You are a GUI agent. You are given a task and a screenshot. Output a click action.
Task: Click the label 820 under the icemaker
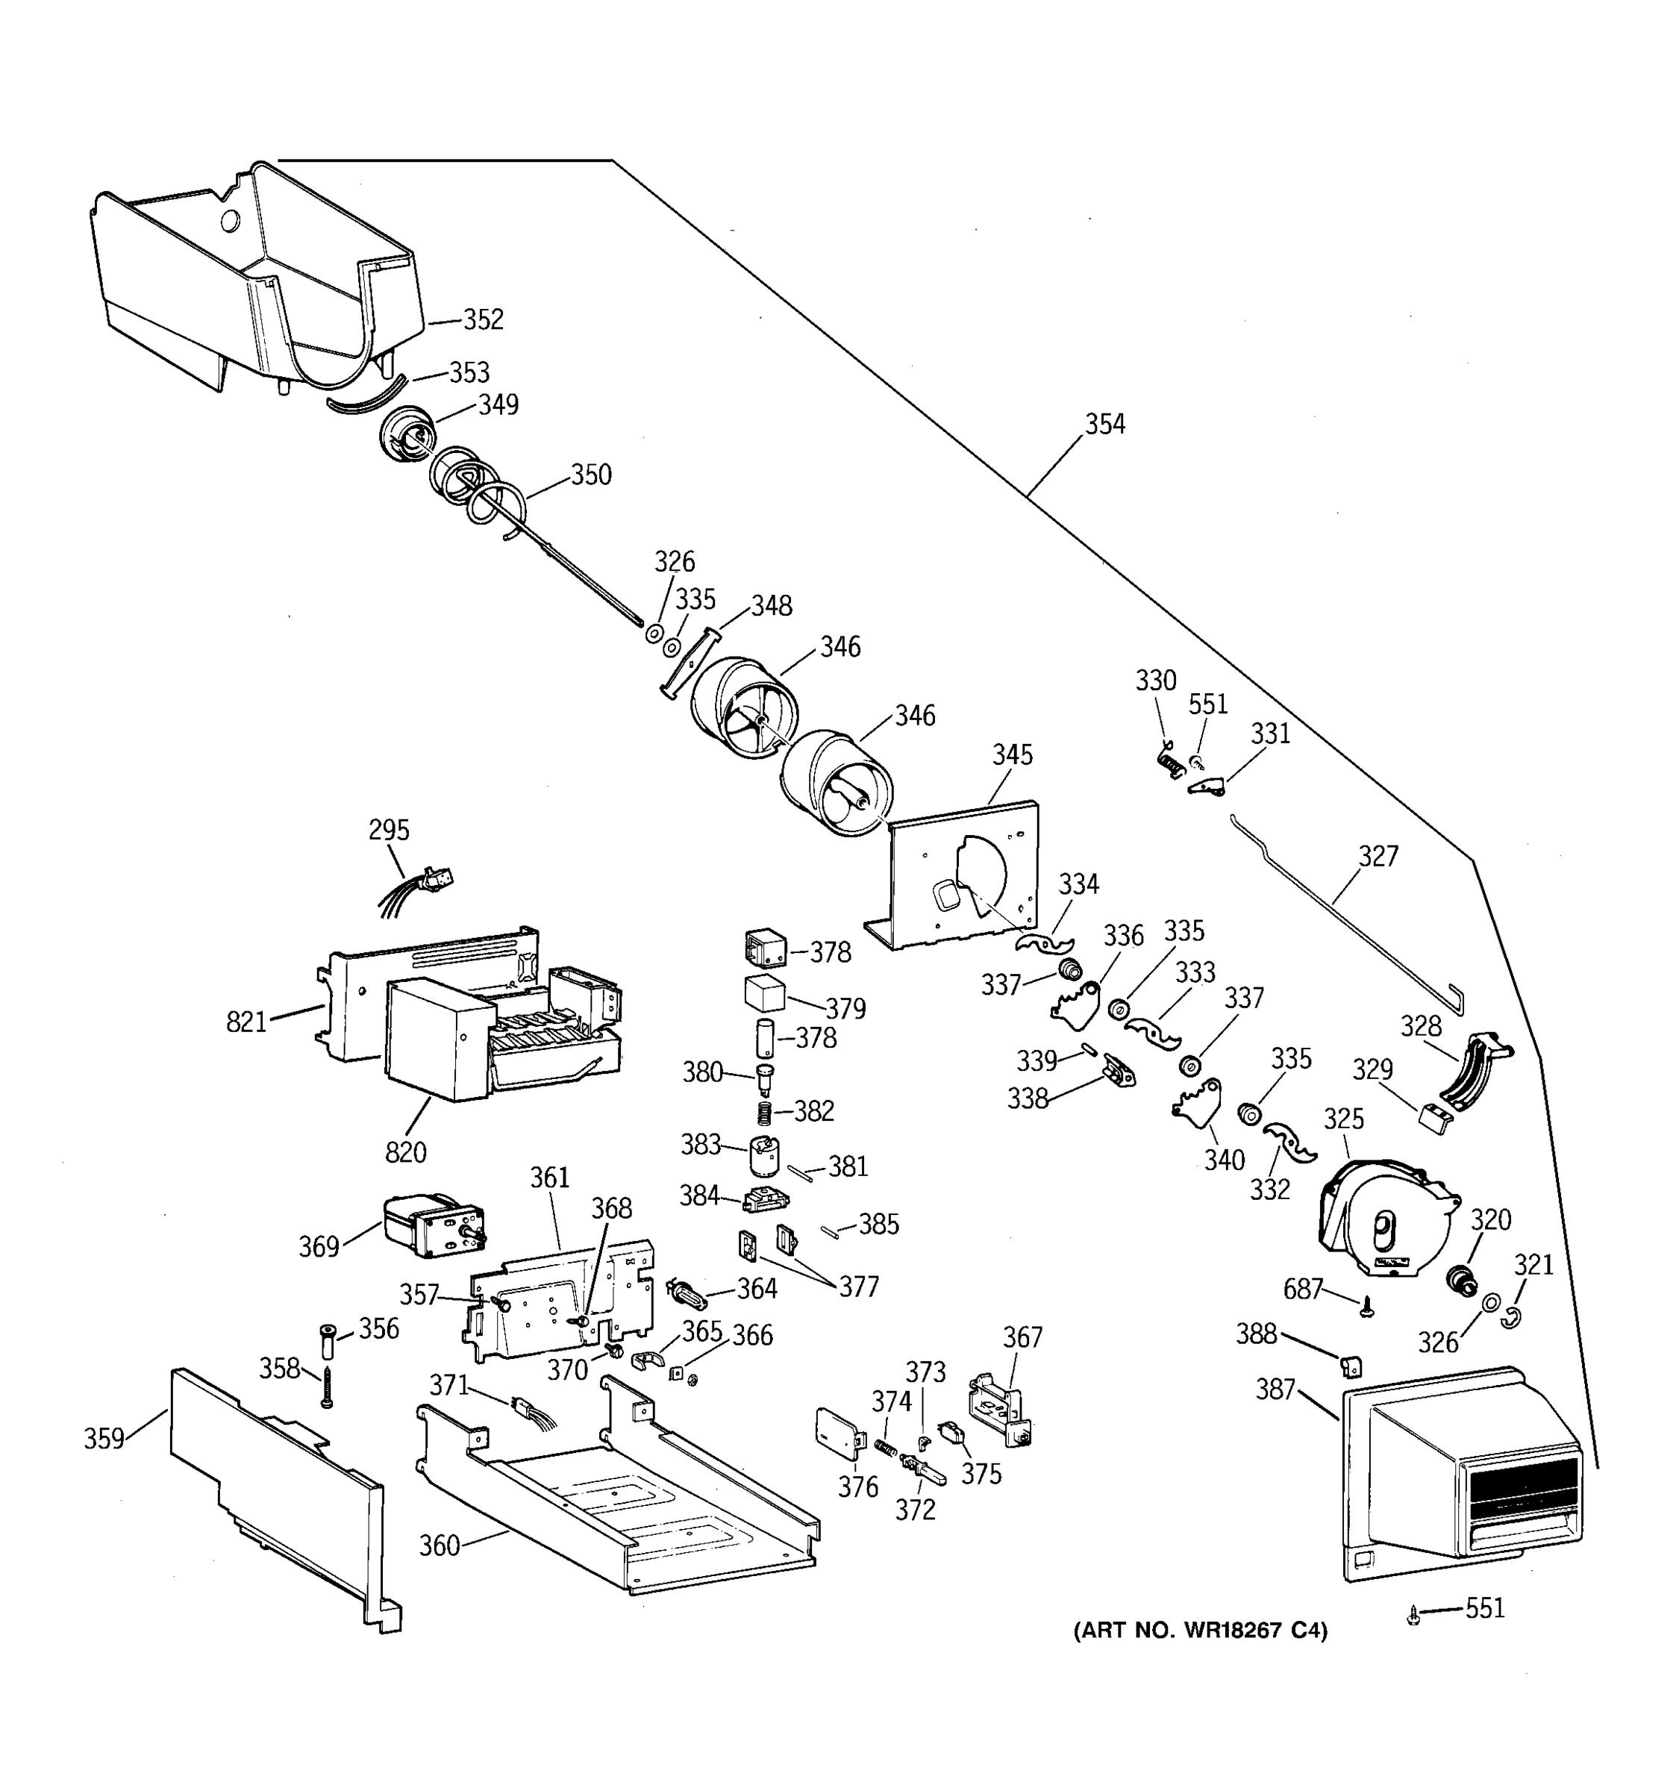click(405, 1151)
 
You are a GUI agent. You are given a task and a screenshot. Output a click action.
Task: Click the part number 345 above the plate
click(1013, 755)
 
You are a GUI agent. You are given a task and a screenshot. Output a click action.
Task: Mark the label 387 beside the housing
click(1275, 1390)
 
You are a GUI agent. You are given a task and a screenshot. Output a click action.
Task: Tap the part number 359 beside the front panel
click(104, 1439)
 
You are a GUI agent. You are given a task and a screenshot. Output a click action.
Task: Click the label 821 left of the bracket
click(246, 1022)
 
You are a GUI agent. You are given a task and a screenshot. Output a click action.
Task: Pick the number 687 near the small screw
click(1302, 1290)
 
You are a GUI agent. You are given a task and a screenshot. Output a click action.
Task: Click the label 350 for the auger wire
click(591, 475)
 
